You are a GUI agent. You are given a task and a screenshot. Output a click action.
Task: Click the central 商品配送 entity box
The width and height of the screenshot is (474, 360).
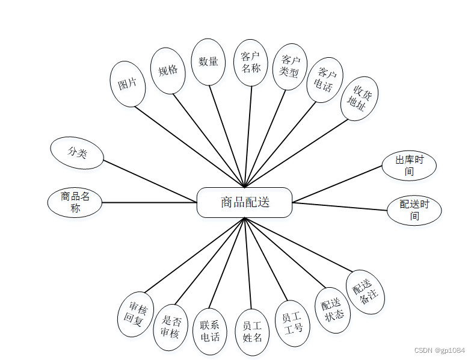(x=244, y=202)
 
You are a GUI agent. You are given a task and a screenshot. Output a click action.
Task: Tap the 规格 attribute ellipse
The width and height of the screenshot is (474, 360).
(x=168, y=70)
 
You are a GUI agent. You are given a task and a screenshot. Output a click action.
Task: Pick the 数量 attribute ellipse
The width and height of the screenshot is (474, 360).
(x=208, y=61)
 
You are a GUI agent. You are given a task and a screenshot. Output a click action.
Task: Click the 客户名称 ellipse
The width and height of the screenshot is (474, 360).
(x=250, y=62)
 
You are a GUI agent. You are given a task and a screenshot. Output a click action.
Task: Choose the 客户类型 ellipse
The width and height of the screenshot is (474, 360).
(x=289, y=66)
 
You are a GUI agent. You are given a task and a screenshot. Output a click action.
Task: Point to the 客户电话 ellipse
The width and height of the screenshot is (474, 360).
(x=324, y=80)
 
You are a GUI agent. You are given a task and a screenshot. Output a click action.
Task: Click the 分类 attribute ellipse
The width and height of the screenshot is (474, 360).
(x=77, y=153)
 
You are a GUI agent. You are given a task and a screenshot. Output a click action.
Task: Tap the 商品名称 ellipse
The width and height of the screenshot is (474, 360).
(x=75, y=202)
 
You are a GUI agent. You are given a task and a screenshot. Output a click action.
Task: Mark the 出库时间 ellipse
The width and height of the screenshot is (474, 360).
(x=409, y=166)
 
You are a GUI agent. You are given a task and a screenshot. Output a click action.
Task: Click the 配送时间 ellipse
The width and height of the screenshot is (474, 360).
(x=414, y=210)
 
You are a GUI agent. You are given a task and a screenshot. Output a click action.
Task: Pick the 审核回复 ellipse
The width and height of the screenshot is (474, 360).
(x=134, y=315)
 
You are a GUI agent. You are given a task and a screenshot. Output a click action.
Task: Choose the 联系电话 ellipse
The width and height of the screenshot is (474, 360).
(x=210, y=331)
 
